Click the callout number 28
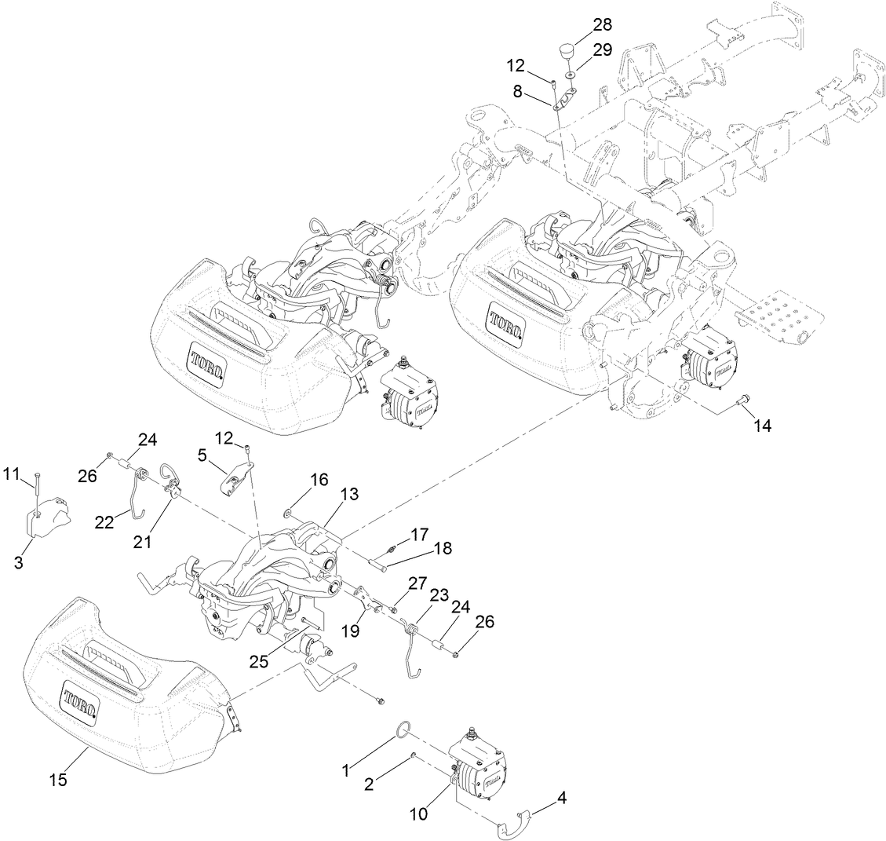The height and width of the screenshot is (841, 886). (603, 24)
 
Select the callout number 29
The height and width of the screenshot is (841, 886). (603, 50)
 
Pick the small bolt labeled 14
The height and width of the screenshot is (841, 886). (742, 400)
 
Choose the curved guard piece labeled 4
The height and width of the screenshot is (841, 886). (513, 821)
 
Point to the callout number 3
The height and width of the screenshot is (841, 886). (18, 562)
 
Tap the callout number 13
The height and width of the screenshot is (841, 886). (348, 494)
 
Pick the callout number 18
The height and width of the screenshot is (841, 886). (443, 549)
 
